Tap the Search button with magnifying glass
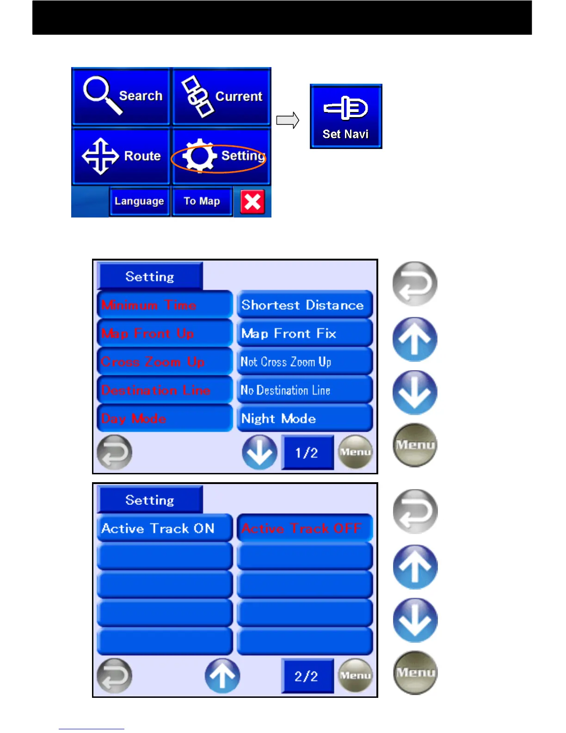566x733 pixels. (121, 96)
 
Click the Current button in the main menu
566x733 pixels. (221, 96)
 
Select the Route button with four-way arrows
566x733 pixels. (121, 156)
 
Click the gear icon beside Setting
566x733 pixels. (199, 156)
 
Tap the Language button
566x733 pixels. (139, 201)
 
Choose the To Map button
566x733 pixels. (202, 201)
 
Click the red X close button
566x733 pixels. (252, 202)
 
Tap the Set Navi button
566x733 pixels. (346, 116)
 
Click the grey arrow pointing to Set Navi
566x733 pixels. (288, 121)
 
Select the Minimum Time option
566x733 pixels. (164, 305)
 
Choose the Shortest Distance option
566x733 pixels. (304, 305)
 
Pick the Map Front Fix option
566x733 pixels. (304, 334)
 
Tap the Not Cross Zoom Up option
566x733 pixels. (304, 362)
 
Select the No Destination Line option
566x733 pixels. (304, 390)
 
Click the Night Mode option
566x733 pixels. (304, 419)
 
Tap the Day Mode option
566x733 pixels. (164, 419)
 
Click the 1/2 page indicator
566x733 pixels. (307, 453)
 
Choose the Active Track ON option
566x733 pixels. (164, 528)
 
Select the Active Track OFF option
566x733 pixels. (304, 528)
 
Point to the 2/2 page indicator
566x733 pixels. (307, 676)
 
